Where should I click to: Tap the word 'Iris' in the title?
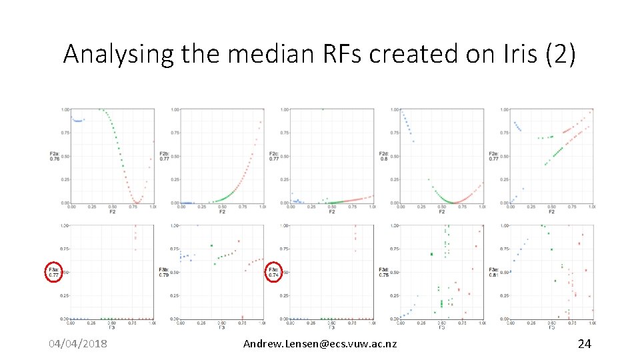512,54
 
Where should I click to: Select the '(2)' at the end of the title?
560,54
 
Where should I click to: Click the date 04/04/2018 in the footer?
79,343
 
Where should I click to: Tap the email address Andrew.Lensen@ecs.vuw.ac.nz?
320,343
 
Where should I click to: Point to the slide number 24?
584,343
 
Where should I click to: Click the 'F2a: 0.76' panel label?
54,156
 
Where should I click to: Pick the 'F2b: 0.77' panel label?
164,156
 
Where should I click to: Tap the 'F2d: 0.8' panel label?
384,156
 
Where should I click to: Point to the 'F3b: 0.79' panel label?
164,272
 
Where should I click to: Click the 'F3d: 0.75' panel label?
383,272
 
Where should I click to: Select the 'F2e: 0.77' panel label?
493,156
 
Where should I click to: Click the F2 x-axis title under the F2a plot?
111,212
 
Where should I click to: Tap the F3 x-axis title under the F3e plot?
551,327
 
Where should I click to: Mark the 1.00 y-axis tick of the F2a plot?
65,109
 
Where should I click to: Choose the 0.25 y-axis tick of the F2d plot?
395,179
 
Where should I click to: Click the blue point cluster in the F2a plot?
78,120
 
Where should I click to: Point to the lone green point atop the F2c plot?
323,109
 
